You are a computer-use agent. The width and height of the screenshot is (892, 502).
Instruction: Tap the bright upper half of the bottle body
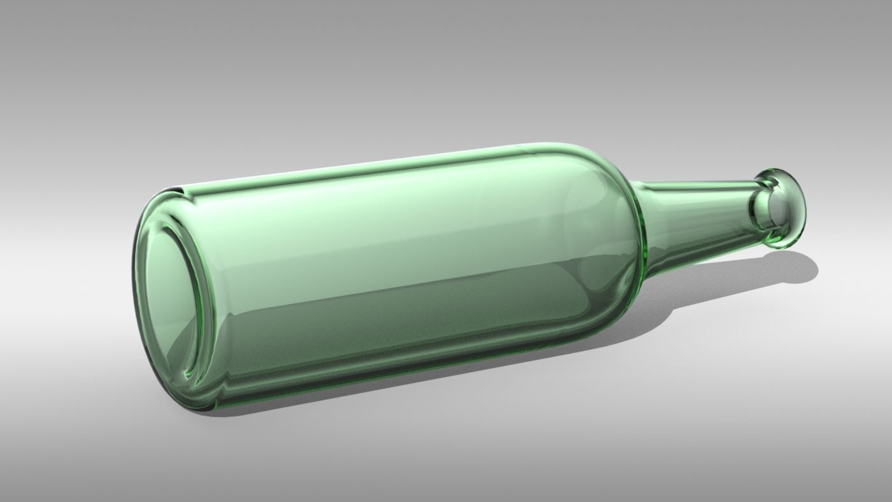click(x=382, y=217)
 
